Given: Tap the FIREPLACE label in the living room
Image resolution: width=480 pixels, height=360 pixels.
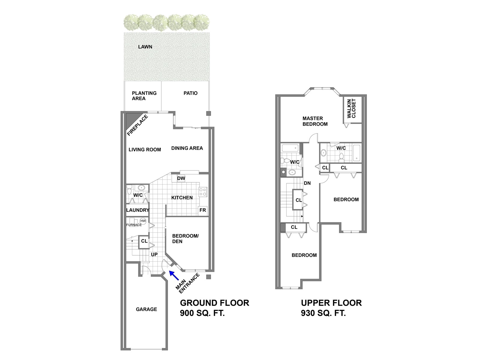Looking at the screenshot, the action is tap(137, 125).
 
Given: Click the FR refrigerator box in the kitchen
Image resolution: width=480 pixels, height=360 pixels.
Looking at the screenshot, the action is tap(202, 210).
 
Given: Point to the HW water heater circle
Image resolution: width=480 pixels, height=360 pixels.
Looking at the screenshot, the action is tap(143, 221).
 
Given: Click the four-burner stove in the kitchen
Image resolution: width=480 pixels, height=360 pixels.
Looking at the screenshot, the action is tap(203, 192).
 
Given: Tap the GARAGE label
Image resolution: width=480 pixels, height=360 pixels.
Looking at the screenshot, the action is tap(146, 309).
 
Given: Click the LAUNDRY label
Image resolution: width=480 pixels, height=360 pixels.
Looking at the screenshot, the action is tap(137, 210).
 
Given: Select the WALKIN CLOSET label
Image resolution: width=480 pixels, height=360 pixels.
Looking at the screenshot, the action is tap(351, 108).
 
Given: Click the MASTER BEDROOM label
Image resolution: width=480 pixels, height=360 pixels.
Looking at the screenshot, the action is tap(315, 121).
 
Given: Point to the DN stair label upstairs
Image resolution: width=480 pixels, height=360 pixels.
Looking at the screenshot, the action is tap(307, 183).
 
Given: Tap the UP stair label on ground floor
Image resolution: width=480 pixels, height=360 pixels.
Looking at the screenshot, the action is tap(154, 254).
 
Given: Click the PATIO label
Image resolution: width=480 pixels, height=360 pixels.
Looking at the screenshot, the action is tap(190, 93).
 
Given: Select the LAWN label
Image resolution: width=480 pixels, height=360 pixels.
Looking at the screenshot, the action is tap(145, 47).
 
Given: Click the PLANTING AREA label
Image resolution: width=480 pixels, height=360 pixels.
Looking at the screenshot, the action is tap(144, 96).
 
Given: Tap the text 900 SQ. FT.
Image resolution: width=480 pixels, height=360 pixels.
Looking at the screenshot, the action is tap(202, 313).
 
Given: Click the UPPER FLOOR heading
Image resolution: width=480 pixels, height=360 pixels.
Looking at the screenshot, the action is tap(331, 303).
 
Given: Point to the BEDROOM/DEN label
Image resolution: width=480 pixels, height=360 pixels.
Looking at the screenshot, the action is tap(185, 239).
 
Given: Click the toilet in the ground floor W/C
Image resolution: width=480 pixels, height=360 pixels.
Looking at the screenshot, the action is tap(129, 190).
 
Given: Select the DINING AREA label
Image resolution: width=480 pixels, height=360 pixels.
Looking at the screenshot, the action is tap(187, 148).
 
